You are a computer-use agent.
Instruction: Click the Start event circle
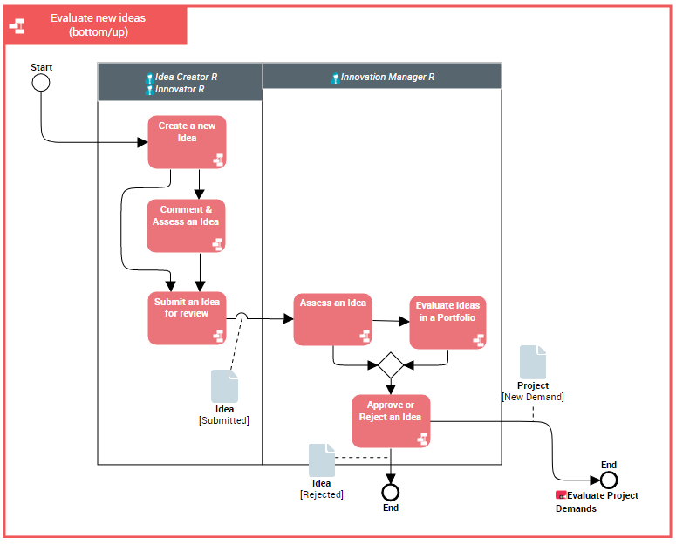click(x=40, y=83)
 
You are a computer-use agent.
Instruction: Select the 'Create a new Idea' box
click(x=187, y=142)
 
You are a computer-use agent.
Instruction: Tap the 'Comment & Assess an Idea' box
click(x=186, y=226)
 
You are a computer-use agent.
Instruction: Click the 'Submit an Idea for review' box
click(x=187, y=317)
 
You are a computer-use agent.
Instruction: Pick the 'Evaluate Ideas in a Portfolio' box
click(x=447, y=323)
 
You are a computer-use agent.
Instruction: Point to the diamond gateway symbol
click(x=390, y=364)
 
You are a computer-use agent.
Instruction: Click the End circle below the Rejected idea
click(x=391, y=491)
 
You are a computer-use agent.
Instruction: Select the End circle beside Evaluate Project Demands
click(x=609, y=480)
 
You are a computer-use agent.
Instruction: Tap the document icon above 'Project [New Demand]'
click(x=533, y=362)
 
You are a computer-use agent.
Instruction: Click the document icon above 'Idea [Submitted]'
click(x=224, y=386)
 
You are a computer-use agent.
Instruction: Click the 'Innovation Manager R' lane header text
click(x=387, y=77)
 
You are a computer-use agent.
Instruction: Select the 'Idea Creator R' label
click(x=186, y=77)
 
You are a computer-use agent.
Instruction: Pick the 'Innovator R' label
click(x=180, y=89)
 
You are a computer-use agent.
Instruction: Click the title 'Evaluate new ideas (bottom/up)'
click(x=99, y=25)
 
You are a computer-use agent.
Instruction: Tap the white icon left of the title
click(x=17, y=26)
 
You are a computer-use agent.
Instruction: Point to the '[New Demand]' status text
click(x=532, y=397)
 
